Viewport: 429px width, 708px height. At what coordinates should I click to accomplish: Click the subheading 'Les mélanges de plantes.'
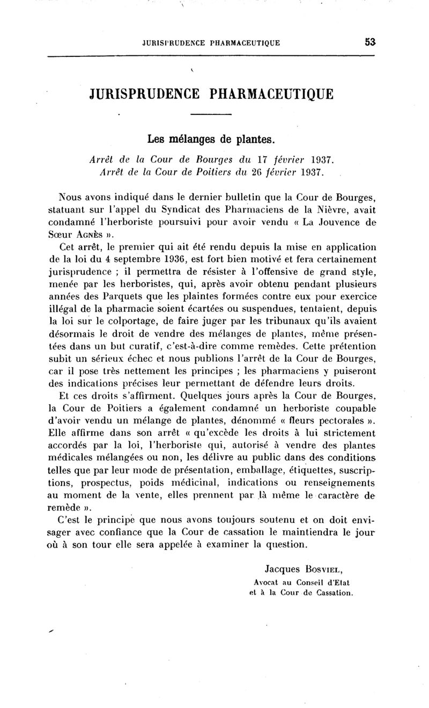click(x=211, y=140)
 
